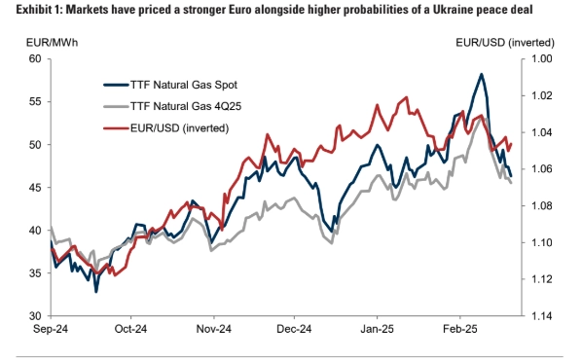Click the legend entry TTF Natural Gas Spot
(x=170, y=85)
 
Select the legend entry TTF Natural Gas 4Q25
(x=172, y=106)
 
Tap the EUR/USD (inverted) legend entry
(x=166, y=128)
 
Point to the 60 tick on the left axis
(x=35, y=58)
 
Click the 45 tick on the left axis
(x=35, y=188)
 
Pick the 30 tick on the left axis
(x=35, y=316)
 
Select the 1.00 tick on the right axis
(x=541, y=58)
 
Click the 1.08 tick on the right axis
(x=541, y=205)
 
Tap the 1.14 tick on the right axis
(x=541, y=316)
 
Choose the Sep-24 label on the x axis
(x=51, y=329)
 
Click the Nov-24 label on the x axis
(x=214, y=329)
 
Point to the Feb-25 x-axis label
(x=460, y=329)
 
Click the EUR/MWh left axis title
(x=52, y=43)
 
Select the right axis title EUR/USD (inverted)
(x=505, y=43)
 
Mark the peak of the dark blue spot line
(x=482, y=74)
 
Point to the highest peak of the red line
(x=407, y=97)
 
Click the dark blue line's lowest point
(x=96, y=292)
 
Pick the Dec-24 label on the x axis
(x=294, y=329)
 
